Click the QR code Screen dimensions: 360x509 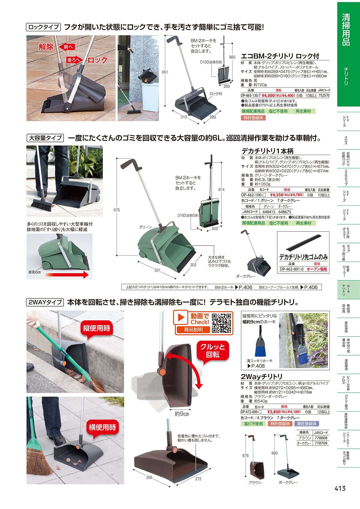(x=221, y=323)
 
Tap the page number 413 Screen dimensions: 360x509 (x=340, y=488)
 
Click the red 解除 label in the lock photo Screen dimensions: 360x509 (x=46, y=47)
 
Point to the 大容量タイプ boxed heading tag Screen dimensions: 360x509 (x=45, y=138)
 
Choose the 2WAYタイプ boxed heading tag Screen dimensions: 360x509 (x=45, y=302)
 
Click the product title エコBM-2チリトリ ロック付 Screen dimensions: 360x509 (x=280, y=56)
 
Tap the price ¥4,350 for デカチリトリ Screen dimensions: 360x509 (x=277, y=195)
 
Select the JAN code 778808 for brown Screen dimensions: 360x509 (x=321, y=438)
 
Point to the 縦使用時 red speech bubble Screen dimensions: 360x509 (x=96, y=328)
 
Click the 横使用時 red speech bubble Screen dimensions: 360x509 (x=102, y=427)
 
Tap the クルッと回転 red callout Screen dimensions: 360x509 (x=213, y=351)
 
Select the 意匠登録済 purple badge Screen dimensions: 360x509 (x=307, y=424)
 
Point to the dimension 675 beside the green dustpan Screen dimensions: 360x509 (x=117, y=210)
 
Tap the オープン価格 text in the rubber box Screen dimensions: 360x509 (x=317, y=269)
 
